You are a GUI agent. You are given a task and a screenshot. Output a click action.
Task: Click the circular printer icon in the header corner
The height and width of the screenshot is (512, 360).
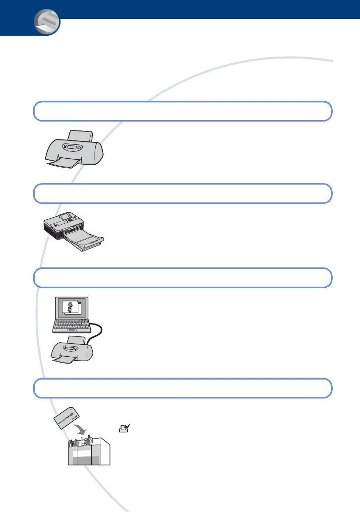tap(46, 23)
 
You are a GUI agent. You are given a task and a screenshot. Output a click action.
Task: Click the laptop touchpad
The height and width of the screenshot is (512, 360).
tap(73, 344)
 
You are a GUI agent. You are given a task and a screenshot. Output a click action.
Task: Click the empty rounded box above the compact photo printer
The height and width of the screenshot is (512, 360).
tap(182, 193)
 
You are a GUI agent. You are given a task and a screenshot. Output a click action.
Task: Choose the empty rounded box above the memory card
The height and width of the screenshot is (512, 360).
tap(182, 388)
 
